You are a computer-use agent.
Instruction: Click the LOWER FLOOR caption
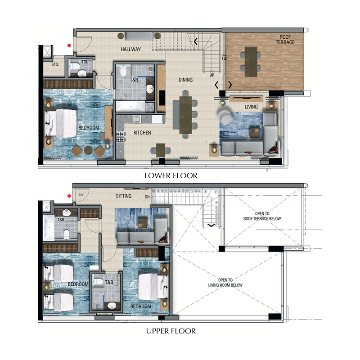(171, 175)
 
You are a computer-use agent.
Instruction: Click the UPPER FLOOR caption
(171, 331)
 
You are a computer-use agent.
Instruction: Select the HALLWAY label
(130, 49)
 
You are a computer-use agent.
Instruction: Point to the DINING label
(185, 80)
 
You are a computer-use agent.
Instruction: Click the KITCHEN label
(142, 133)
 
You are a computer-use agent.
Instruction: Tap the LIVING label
(251, 107)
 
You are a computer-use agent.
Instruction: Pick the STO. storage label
(55, 65)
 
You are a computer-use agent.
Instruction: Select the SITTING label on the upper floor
(124, 196)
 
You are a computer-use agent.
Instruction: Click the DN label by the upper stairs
(147, 197)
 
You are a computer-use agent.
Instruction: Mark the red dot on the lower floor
(69, 45)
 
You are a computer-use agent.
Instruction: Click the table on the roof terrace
(251, 62)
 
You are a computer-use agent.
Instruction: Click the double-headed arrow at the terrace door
(223, 85)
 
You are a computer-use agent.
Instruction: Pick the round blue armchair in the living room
(225, 117)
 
